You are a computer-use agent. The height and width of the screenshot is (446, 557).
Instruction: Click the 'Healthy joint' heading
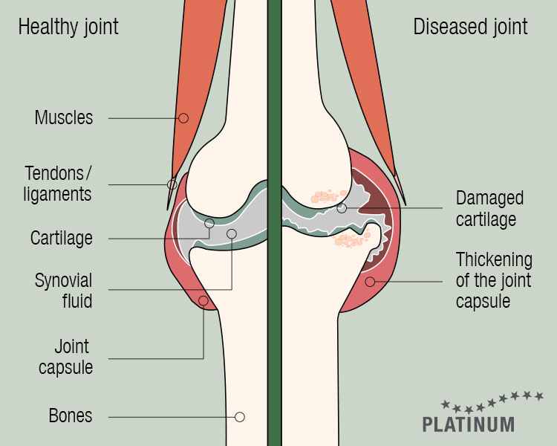pos(68,28)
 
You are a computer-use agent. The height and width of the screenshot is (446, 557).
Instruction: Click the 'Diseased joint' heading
pos(470,27)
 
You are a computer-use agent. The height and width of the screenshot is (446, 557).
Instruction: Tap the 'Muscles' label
pos(64,117)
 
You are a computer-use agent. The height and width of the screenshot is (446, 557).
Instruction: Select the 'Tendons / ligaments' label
pos(57,184)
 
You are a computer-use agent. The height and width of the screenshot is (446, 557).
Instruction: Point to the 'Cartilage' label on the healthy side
pos(61,239)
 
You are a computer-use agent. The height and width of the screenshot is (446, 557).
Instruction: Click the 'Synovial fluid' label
pos(64,291)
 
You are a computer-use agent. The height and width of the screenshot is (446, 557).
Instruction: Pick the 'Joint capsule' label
pos(65,357)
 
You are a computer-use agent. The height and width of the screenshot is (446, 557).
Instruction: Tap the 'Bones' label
pos(71,416)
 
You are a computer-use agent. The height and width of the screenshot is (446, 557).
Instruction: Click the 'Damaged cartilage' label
pos(489,208)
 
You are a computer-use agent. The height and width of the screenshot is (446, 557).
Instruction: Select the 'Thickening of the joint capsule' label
pos(494,280)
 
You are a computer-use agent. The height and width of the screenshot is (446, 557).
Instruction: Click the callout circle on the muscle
pos(183,118)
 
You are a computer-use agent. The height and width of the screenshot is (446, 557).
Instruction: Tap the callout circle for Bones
pos(240,417)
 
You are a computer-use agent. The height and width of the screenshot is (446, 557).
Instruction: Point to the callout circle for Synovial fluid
pos(232,233)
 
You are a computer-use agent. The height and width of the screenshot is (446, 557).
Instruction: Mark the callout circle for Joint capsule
pos(203,301)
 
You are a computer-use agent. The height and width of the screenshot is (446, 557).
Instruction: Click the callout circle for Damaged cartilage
pos(342,208)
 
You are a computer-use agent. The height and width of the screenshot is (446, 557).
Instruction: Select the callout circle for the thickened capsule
pos(370,282)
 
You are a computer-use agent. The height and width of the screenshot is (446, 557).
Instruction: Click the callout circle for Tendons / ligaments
pos(172,184)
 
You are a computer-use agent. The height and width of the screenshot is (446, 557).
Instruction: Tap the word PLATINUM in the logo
pos(469,424)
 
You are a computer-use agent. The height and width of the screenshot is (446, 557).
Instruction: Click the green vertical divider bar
pos(274,223)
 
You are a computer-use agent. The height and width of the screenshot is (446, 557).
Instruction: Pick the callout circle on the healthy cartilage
pos(209,223)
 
